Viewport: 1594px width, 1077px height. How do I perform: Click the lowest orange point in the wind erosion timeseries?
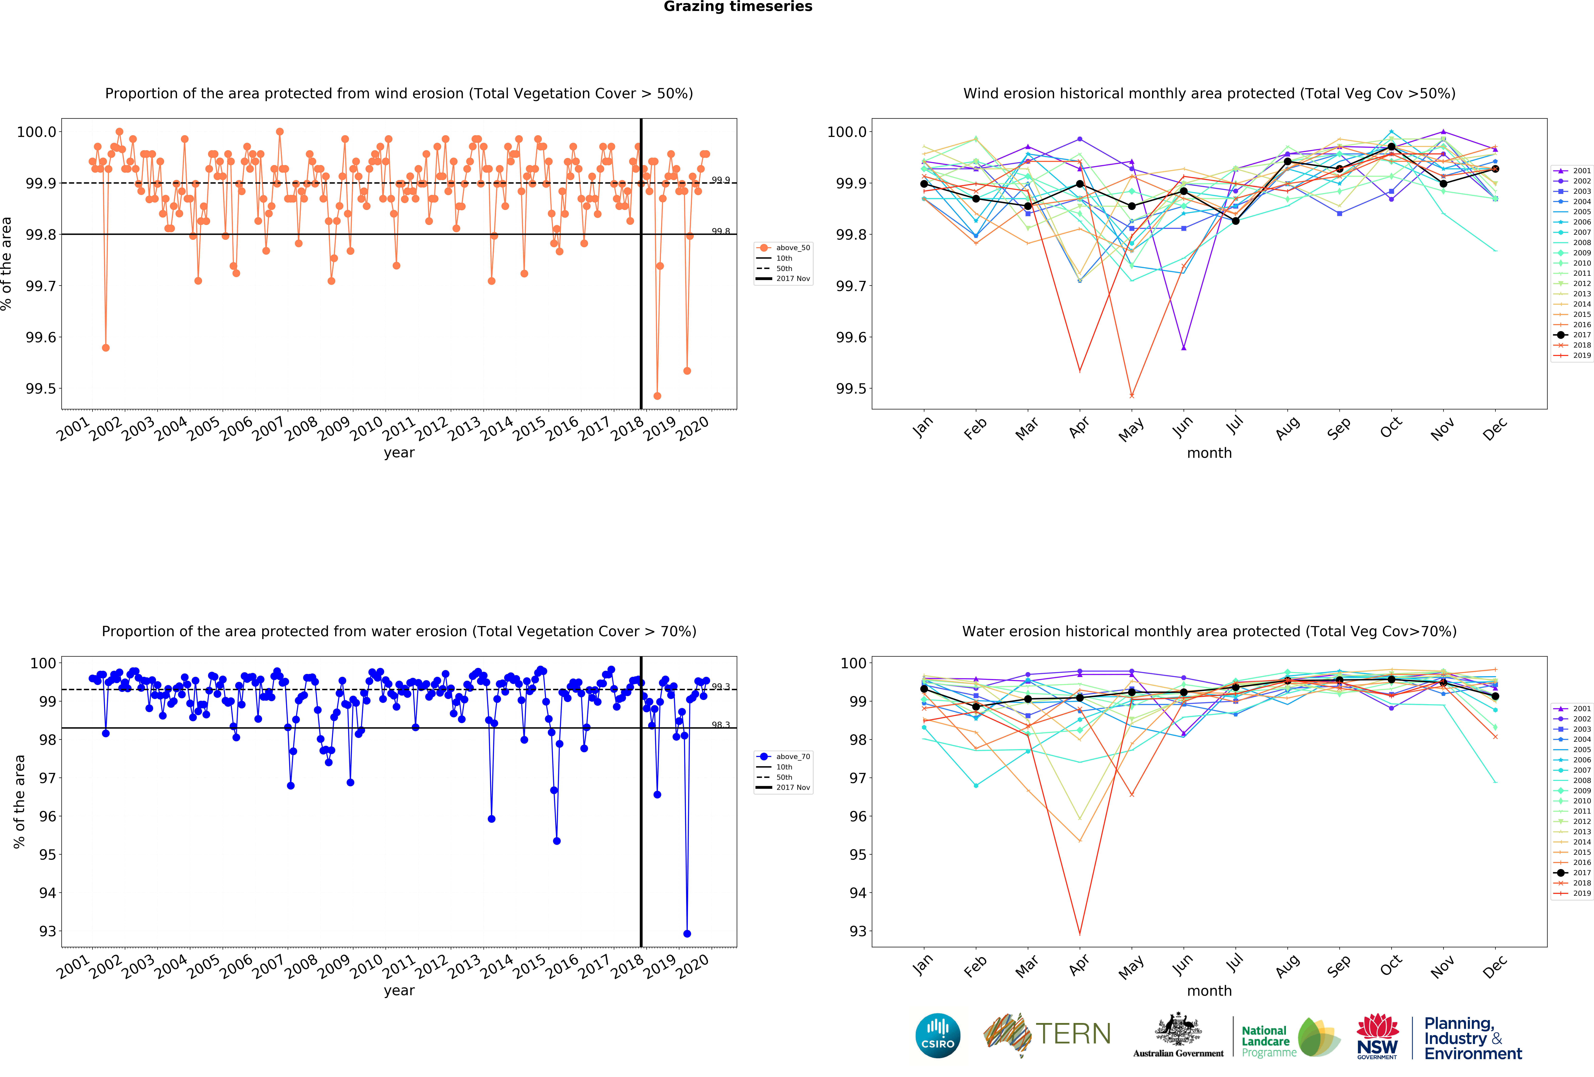[x=657, y=396]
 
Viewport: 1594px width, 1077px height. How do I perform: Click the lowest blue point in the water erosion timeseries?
[x=687, y=934]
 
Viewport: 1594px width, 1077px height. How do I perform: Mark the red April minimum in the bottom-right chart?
[x=1080, y=934]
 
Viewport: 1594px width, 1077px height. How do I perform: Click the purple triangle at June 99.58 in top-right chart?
[x=1183, y=348]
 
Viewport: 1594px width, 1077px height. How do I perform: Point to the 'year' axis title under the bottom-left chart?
[x=399, y=990]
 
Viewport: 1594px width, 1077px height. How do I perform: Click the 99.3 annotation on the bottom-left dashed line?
[x=720, y=687]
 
